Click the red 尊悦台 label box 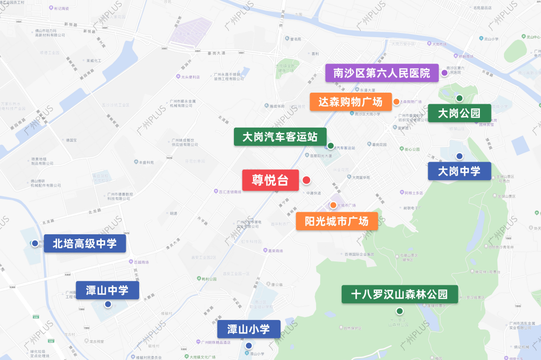(270, 180)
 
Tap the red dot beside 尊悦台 (307, 180)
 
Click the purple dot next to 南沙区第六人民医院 (444, 73)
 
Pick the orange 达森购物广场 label (350, 102)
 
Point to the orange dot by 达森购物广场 (396, 102)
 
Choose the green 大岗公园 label (459, 113)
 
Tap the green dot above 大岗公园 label (459, 98)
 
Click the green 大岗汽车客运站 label (280, 137)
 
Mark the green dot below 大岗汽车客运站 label (331, 146)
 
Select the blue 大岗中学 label (459, 171)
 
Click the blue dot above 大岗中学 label (459, 156)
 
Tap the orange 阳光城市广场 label (336, 221)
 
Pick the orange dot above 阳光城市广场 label (333, 205)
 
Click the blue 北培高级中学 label (84, 244)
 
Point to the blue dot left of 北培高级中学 (35, 243)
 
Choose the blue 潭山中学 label (107, 290)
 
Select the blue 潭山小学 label (248, 329)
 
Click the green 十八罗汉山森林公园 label (399, 294)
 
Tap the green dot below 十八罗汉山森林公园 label (400, 311)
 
